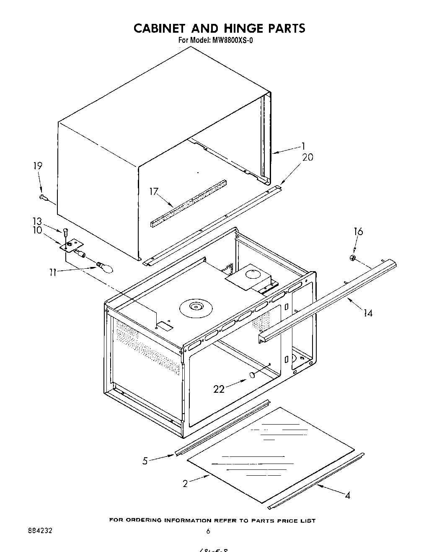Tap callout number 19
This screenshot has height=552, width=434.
click(38, 166)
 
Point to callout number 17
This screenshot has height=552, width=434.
click(154, 192)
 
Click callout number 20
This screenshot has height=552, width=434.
click(307, 157)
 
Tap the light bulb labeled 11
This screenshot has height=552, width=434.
click(106, 267)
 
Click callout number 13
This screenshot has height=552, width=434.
click(38, 221)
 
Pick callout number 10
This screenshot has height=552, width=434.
click(38, 230)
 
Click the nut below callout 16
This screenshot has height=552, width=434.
click(353, 257)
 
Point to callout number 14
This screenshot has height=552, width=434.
click(368, 313)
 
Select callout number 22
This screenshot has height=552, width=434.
click(219, 389)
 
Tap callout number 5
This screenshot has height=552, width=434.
click(145, 461)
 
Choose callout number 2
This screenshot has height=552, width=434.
click(185, 483)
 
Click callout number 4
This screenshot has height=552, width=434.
click(347, 495)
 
